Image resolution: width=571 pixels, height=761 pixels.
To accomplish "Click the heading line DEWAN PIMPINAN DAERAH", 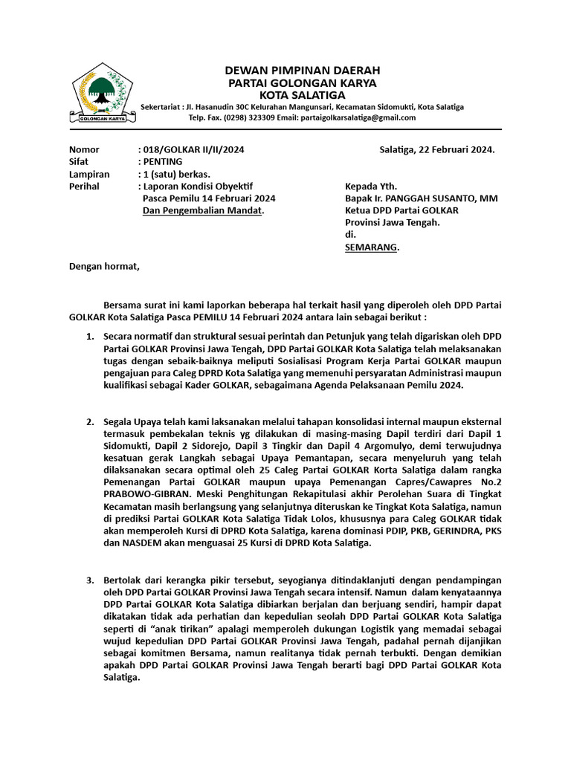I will point(302,70).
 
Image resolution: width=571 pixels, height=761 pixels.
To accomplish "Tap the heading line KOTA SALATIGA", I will point(302,95).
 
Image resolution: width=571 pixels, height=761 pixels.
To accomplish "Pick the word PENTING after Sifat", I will point(161,161).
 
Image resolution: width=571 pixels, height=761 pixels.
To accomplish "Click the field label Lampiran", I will point(89,174).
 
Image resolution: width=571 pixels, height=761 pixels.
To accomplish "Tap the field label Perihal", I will point(84,186).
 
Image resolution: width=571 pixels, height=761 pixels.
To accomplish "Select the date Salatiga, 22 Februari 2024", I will point(437,149).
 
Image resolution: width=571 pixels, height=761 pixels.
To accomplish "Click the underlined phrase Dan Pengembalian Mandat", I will point(203,210).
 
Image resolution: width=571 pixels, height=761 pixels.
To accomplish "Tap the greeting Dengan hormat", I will point(104,266).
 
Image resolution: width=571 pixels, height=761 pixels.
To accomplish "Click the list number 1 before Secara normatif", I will point(89,337).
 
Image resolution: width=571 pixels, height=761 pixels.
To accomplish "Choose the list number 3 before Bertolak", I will point(89,580).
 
